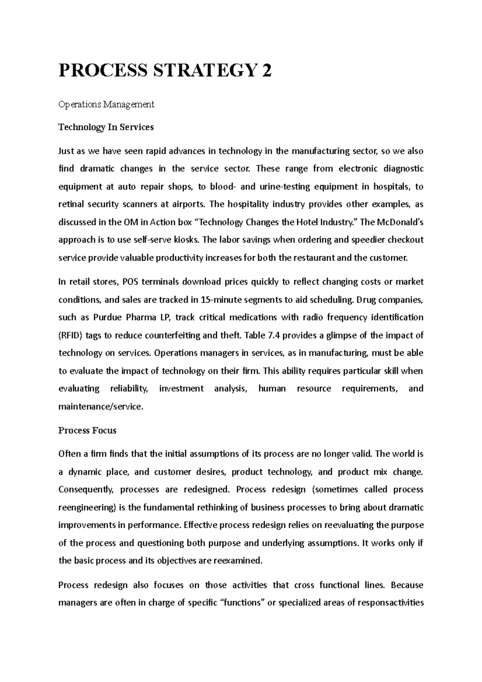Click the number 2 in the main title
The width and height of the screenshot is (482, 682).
pos(266,71)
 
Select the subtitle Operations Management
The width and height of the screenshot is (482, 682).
pos(106,104)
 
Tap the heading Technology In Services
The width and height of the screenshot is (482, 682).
pos(106,127)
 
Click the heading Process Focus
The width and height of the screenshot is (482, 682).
pos(87,431)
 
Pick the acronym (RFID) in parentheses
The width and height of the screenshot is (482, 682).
pos(71,335)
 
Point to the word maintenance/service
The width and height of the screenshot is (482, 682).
pos(100,406)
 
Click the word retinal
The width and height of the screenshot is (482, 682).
pos(71,204)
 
